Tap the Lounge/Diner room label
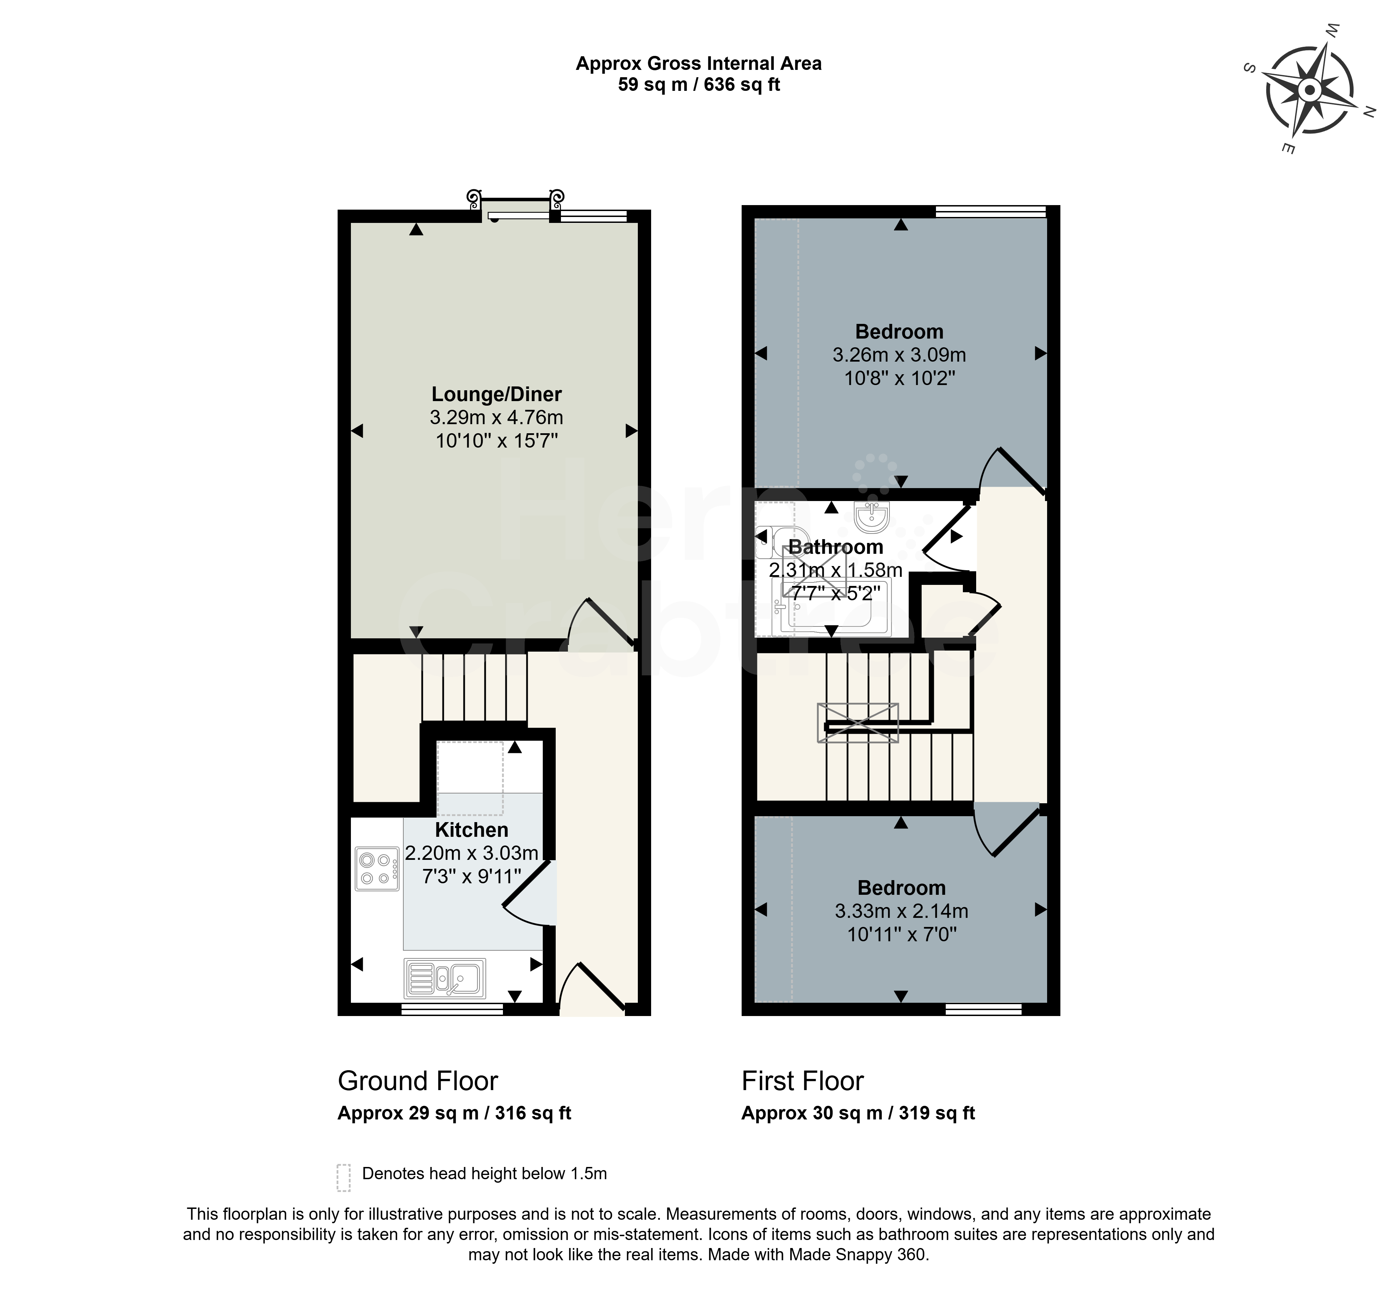coord(496,395)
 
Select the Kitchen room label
coord(471,830)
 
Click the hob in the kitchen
coord(376,868)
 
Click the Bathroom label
coord(836,547)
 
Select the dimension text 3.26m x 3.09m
coord(899,355)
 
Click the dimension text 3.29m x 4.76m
coord(496,418)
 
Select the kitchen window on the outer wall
coord(452,1009)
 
